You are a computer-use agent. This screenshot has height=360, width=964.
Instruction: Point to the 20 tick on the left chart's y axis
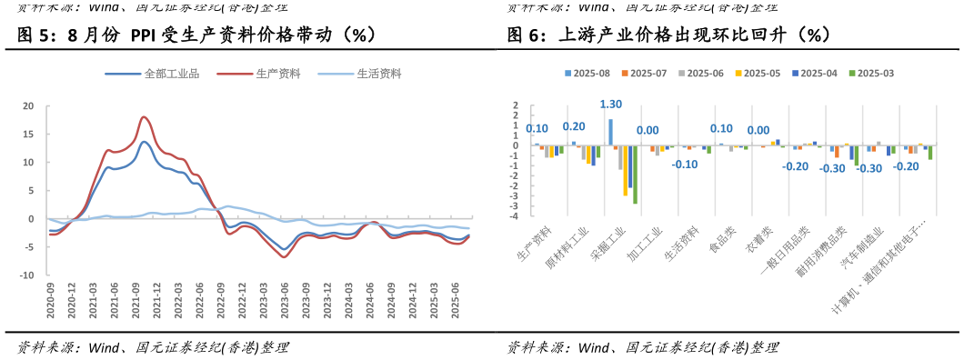(28, 106)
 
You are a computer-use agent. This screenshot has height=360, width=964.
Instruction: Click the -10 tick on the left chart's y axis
(26, 275)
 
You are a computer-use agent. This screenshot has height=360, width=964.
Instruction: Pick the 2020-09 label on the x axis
(51, 300)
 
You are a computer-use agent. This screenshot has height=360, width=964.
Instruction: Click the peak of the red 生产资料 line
(144, 116)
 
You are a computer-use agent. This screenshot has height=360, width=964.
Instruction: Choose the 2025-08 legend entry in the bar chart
(590, 73)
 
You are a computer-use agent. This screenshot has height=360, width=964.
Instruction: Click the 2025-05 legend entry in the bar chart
(761, 73)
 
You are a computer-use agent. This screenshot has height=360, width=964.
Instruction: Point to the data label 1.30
(611, 105)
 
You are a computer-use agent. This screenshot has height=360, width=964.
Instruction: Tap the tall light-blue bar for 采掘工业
(610, 133)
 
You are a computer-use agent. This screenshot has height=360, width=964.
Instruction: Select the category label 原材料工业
(565, 245)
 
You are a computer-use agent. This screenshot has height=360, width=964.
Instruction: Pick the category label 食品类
(723, 240)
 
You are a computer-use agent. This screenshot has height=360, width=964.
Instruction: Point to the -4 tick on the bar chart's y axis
(515, 216)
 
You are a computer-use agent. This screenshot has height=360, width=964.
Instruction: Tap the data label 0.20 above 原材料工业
(574, 126)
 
